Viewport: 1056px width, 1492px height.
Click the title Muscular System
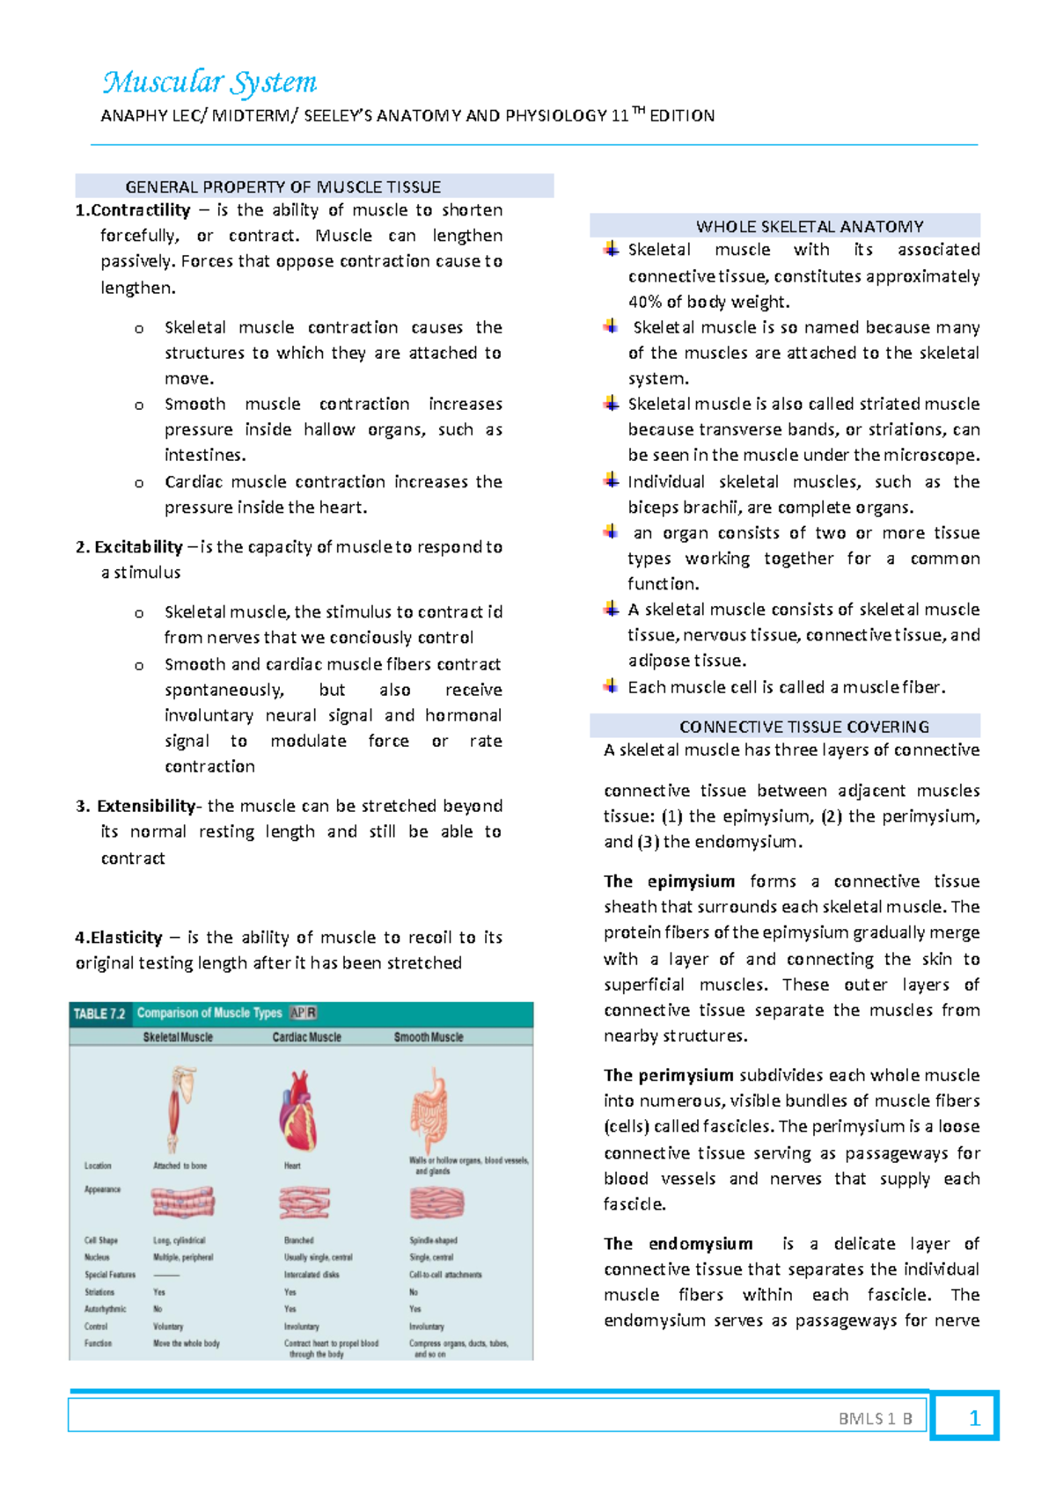(209, 83)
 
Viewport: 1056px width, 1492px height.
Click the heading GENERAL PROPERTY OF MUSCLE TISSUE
(282, 186)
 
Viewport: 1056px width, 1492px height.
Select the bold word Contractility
(140, 210)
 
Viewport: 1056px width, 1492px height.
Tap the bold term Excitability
(138, 546)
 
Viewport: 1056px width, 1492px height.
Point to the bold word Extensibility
(145, 806)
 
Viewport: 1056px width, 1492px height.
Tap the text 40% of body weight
(708, 302)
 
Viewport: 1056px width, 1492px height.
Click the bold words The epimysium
(669, 881)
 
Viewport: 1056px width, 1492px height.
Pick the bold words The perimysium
(669, 1075)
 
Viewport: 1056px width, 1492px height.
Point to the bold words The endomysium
(678, 1244)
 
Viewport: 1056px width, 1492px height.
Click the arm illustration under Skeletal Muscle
(180, 1107)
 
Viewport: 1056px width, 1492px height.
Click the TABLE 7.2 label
(99, 1013)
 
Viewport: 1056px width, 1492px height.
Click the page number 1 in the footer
(973, 1418)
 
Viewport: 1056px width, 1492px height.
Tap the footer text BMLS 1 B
(875, 1418)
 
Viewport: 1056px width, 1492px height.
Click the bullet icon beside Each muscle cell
(611, 686)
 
